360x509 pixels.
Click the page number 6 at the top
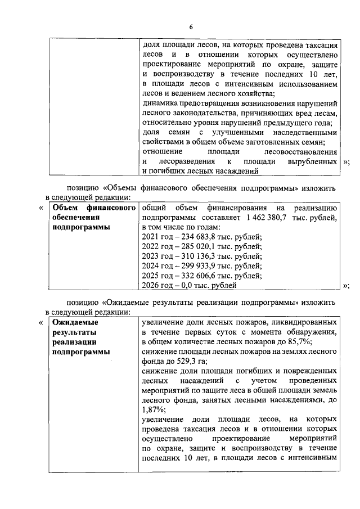pos(191,27)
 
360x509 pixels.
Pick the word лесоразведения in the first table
pos(186,161)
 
